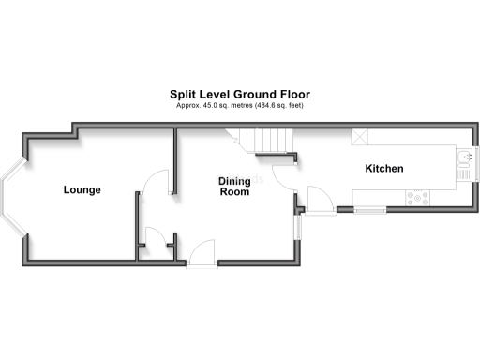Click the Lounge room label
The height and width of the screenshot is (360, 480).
click(82, 190)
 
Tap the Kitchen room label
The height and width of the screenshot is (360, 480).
click(384, 169)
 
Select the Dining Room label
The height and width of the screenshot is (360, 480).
click(234, 186)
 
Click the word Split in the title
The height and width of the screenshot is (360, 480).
click(183, 94)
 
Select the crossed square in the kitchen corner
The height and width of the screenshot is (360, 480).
click(359, 138)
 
